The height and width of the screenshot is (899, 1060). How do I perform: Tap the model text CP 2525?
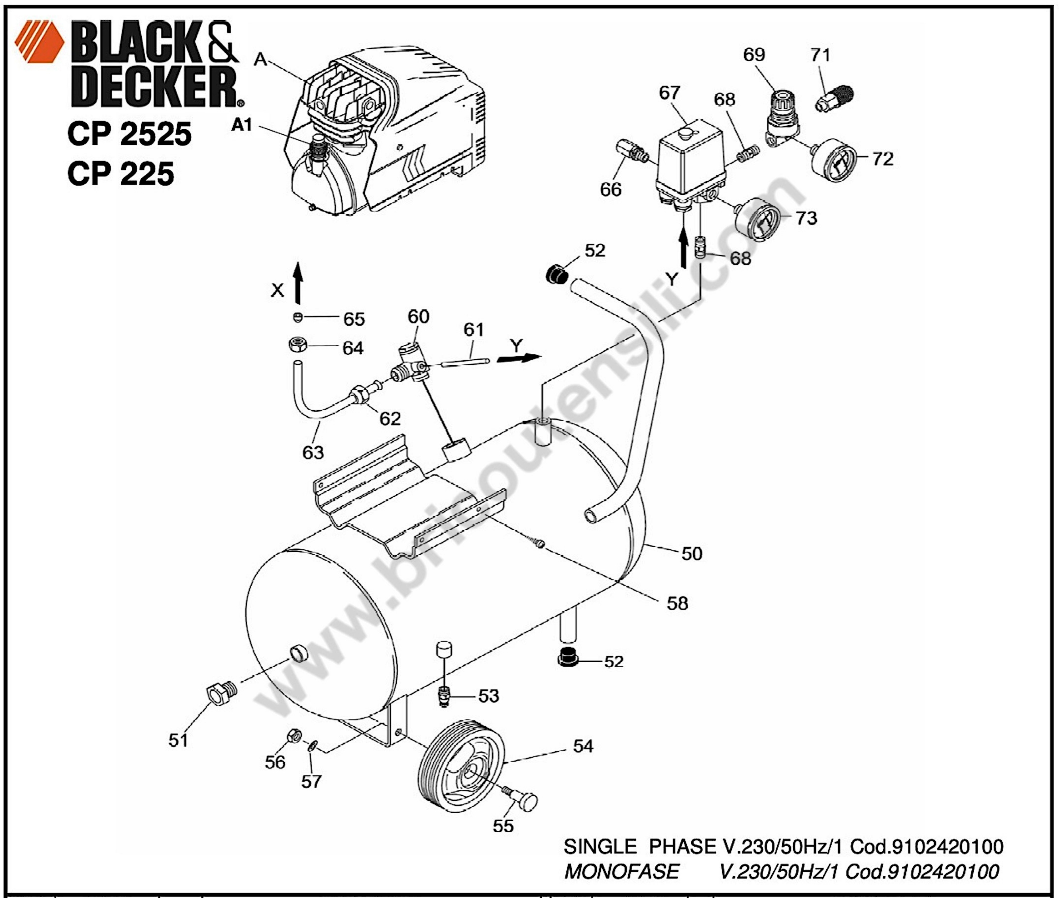pyautogui.click(x=129, y=134)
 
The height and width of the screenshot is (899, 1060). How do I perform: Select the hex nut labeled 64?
pyautogui.click(x=295, y=345)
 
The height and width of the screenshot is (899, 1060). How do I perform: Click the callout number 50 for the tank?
pyautogui.click(x=692, y=553)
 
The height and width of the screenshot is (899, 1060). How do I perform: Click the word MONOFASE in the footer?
pyautogui.click(x=622, y=871)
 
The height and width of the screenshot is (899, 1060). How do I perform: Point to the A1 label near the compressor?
pyautogui.click(x=242, y=124)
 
